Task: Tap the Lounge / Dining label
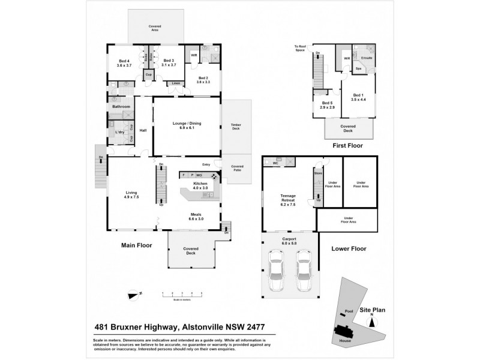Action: pos(187,125)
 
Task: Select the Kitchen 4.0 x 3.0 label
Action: pos(200,186)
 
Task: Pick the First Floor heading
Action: pos(346,145)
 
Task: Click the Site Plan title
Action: pos(374,310)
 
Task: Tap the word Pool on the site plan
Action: pos(349,311)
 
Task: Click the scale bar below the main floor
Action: pos(182,295)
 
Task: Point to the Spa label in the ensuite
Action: pos(358,68)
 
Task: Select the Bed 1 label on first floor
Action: pos(358,97)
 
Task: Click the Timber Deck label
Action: pos(236,127)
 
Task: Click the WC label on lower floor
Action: pos(274,162)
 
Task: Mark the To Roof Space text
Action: pos(301,48)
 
